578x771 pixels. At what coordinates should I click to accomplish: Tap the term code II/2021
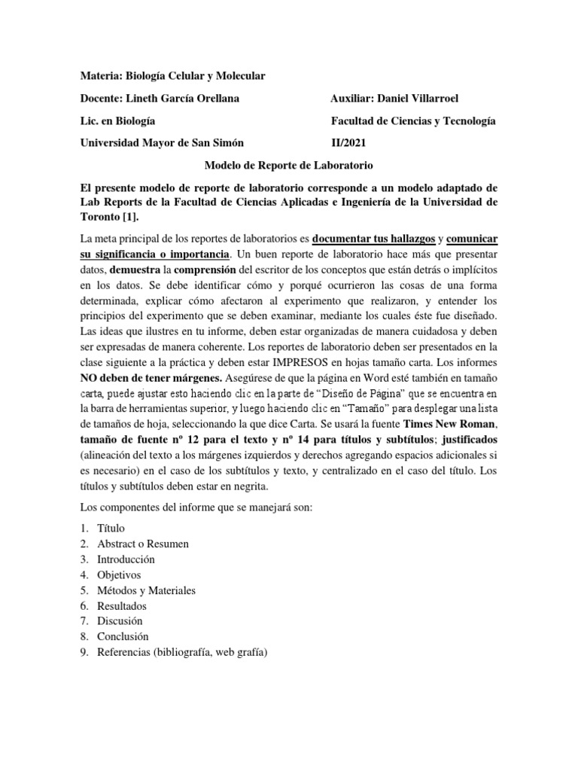(351, 142)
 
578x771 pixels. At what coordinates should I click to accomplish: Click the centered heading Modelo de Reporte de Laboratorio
(289, 164)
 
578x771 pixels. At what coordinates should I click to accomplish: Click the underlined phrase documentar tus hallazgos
(374, 238)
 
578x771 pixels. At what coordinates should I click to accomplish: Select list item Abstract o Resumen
(143, 544)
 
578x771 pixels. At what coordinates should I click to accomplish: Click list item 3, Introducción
(126, 559)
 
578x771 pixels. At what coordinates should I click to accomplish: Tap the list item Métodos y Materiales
(146, 590)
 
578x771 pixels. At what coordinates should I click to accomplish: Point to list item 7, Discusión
(120, 621)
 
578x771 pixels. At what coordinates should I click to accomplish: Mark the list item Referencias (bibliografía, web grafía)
(182, 652)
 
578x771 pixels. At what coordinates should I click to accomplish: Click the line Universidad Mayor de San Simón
(161, 142)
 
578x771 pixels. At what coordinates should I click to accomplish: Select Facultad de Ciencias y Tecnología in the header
(413, 120)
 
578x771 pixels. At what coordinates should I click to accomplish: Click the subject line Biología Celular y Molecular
(195, 76)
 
